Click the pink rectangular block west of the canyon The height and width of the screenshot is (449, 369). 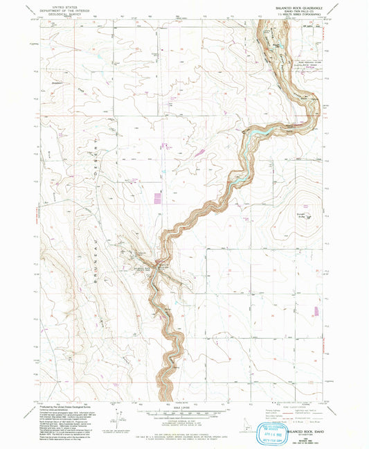point(157,199)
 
